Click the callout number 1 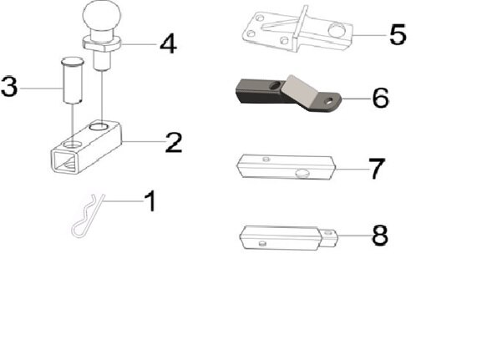[150, 201]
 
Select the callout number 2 [174, 142]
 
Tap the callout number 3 [9, 86]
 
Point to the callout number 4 [168, 43]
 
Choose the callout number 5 [398, 34]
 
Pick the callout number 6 [380, 98]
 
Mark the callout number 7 [377, 169]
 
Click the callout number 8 [380, 236]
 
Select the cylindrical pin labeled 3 [72, 80]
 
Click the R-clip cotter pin [88, 215]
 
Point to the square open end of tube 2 [65, 161]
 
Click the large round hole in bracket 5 [337, 30]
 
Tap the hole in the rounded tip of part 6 [329, 101]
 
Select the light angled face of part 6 [302, 89]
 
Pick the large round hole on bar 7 [303, 174]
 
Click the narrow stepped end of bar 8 [329, 238]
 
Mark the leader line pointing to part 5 [370, 35]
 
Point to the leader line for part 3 [41, 88]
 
